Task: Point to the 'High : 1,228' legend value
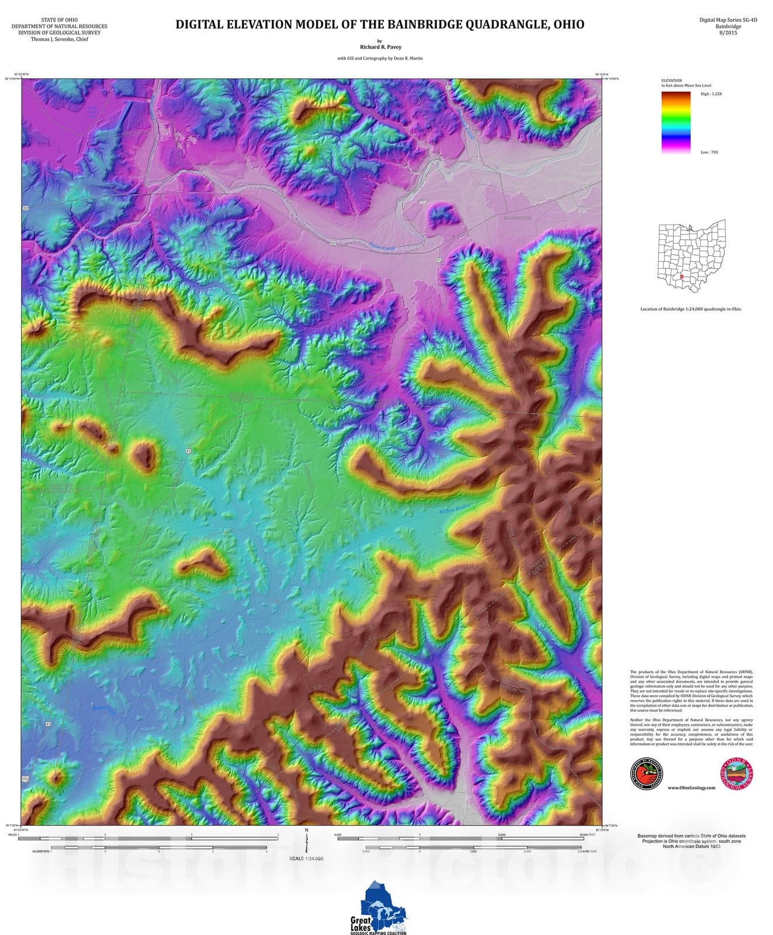click(x=711, y=93)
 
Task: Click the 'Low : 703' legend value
click(x=709, y=152)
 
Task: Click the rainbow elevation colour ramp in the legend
click(x=676, y=123)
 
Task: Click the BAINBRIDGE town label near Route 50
click(x=517, y=218)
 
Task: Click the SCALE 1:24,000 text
click(x=306, y=858)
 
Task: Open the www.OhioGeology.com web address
click(x=691, y=788)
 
